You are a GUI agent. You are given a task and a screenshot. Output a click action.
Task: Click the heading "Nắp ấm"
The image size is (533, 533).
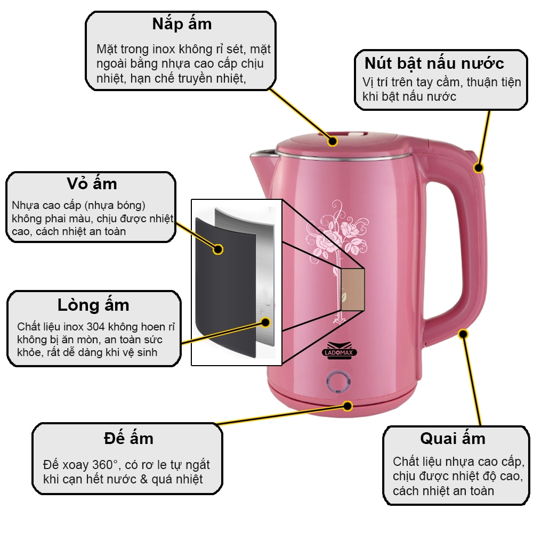click(x=182, y=25)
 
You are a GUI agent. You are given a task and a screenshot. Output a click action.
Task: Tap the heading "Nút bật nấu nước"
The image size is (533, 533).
click(x=434, y=63)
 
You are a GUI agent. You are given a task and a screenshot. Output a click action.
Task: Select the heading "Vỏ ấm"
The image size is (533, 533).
click(x=92, y=184)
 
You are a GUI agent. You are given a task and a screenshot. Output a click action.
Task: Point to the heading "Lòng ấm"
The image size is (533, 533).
click(x=93, y=305)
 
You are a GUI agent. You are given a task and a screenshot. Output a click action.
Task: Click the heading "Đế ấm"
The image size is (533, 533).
click(x=128, y=439)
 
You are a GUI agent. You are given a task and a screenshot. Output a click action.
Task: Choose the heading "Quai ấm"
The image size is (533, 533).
click(x=453, y=439)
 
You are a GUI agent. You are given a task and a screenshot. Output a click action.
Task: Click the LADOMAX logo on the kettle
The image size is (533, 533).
click(x=340, y=350)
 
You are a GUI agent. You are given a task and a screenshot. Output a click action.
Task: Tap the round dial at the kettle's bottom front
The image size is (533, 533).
click(x=338, y=382)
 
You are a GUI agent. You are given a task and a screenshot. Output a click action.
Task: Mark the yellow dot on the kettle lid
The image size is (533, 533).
click(x=333, y=141)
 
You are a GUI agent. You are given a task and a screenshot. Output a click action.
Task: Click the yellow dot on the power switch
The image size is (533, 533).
click(x=478, y=167)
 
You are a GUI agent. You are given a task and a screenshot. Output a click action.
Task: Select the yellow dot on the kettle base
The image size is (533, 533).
click(x=348, y=406)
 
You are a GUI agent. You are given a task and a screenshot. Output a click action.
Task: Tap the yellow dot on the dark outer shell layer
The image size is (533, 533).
click(x=218, y=249)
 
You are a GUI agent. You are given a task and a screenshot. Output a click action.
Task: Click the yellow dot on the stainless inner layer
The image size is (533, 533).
click(x=265, y=322)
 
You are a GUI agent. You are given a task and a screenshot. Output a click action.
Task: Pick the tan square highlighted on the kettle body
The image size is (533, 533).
click(x=352, y=289)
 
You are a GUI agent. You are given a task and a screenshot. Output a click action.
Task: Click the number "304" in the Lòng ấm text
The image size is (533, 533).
click(x=95, y=327)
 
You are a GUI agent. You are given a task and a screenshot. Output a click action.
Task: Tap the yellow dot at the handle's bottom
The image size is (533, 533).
click(x=463, y=334)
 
